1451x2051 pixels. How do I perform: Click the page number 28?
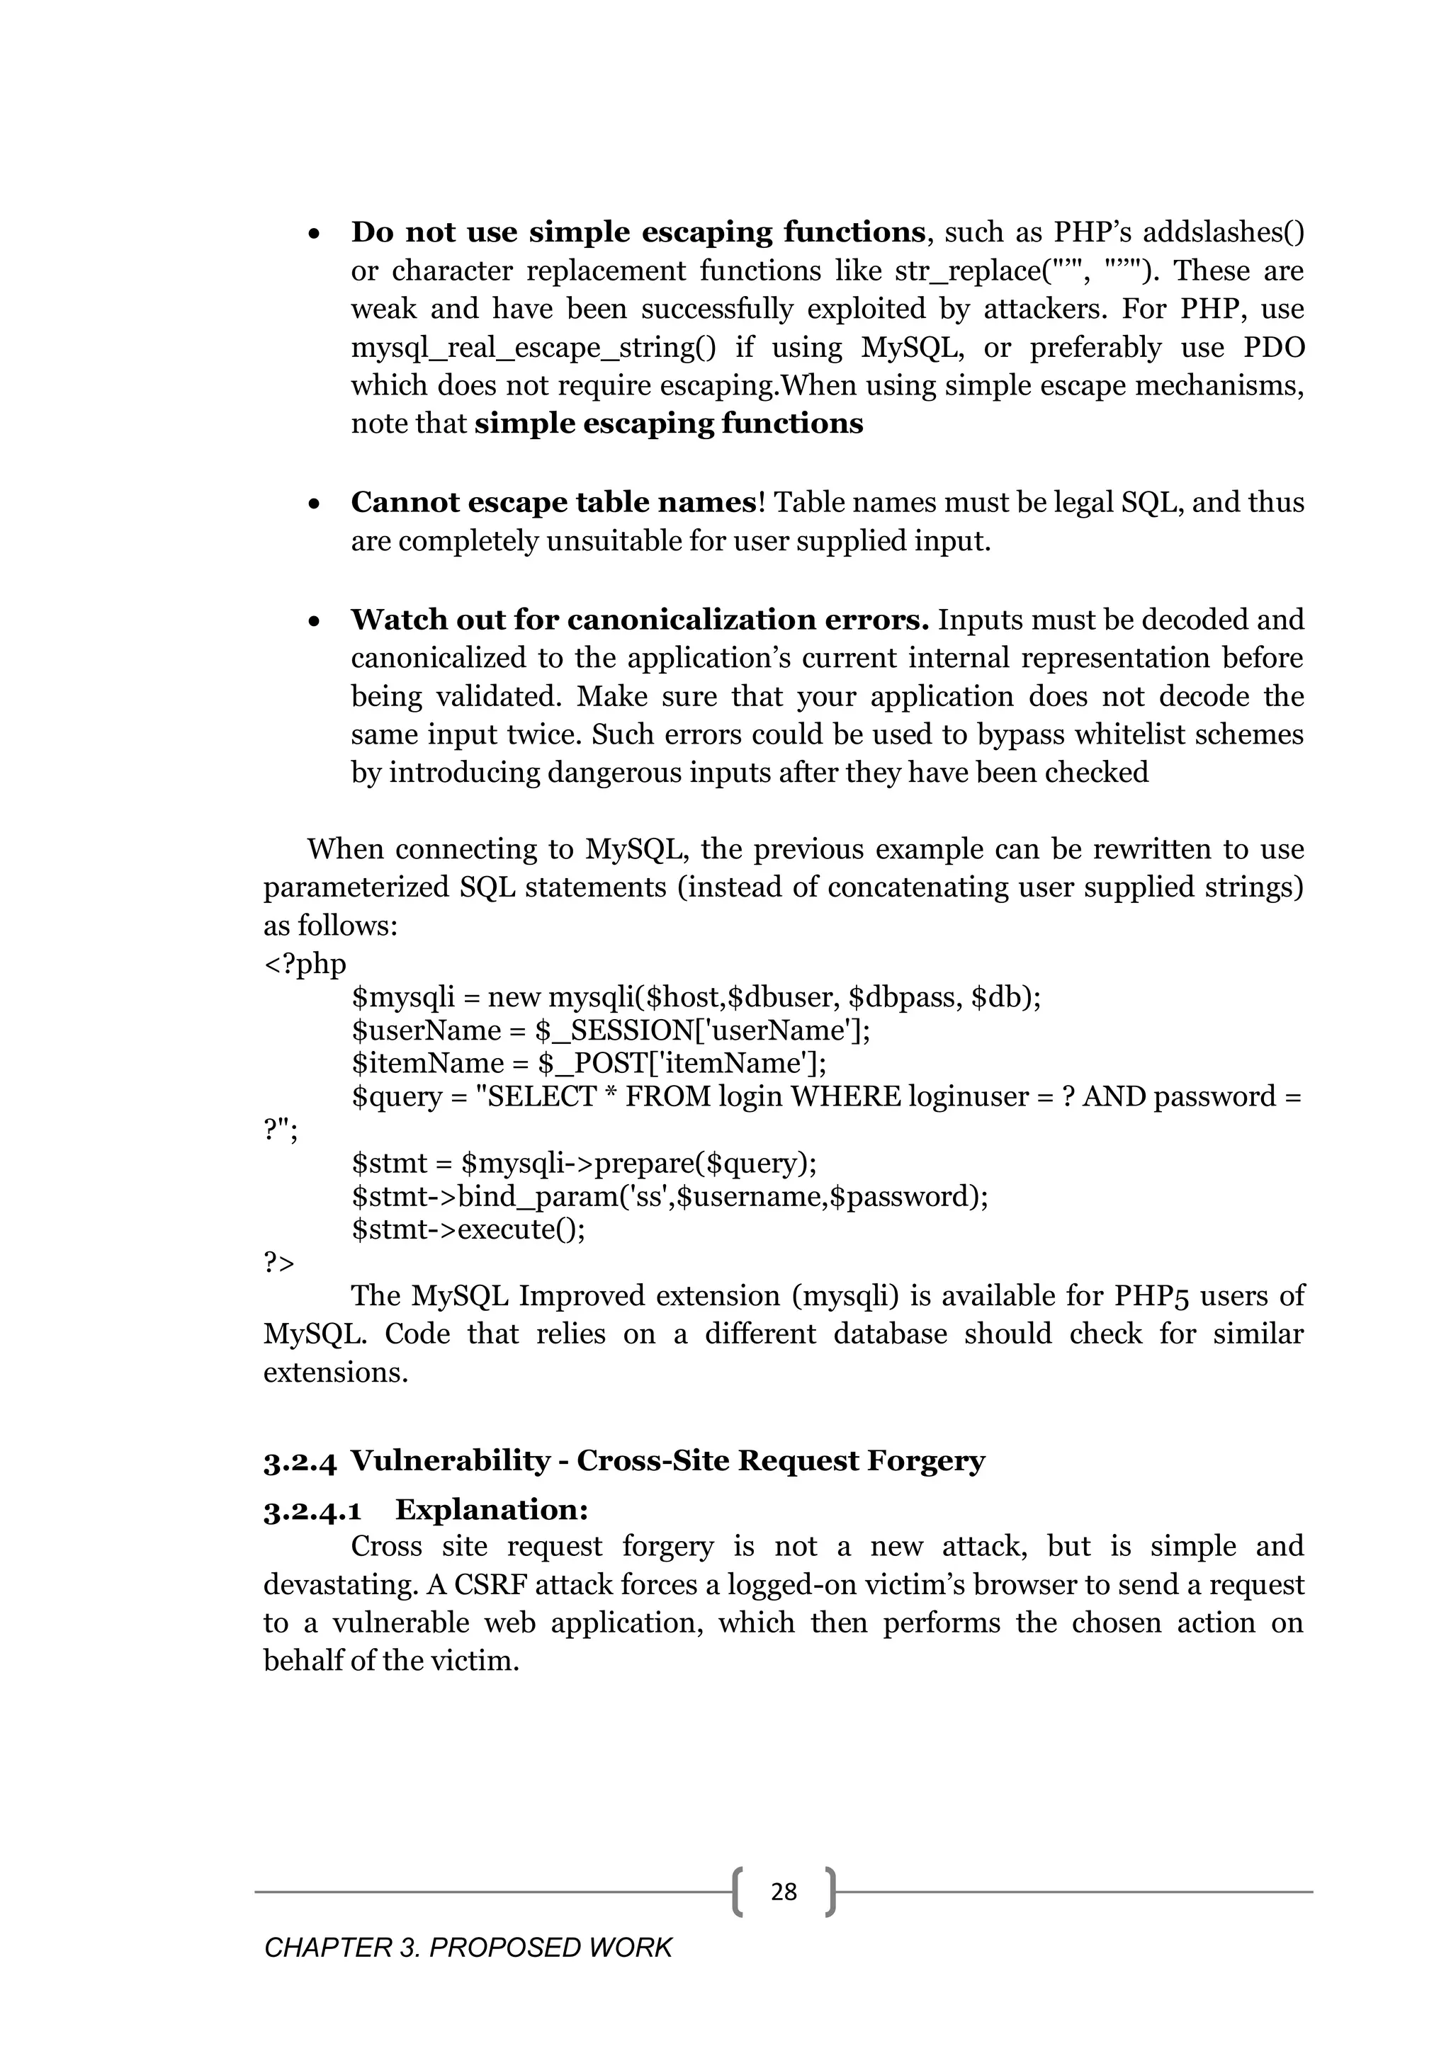(783, 1891)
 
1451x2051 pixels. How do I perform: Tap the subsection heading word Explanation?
(492, 1510)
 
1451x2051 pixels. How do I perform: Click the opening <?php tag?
(304, 964)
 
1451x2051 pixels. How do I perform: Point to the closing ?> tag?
(278, 1262)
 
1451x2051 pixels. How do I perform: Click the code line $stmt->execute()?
(468, 1229)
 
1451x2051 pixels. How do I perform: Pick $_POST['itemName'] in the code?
(681, 1063)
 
